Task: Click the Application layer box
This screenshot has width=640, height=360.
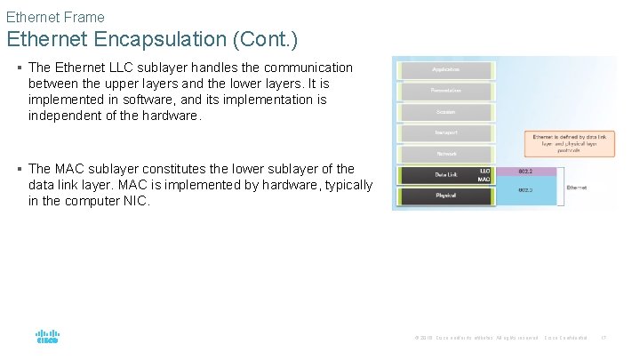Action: tap(445, 69)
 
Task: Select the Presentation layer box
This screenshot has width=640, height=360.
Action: tap(445, 91)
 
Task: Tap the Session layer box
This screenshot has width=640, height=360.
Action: tap(445, 112)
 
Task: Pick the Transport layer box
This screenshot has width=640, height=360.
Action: tap(445, 132)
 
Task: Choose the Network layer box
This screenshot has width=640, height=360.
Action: tap(445, 153)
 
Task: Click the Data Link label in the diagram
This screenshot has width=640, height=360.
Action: tap(445, 174)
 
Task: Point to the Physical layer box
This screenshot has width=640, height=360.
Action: tap(445, 196)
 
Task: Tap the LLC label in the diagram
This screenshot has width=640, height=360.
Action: tap(484, 170)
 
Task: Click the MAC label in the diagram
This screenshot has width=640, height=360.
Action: tap(484, 180)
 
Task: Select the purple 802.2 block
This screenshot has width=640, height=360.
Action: tap(526, 170)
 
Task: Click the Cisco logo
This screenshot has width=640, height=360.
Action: tap(47, 337)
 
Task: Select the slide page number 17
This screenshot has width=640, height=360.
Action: tap(604, 338)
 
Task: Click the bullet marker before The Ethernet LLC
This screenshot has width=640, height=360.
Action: tap(20, 68)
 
